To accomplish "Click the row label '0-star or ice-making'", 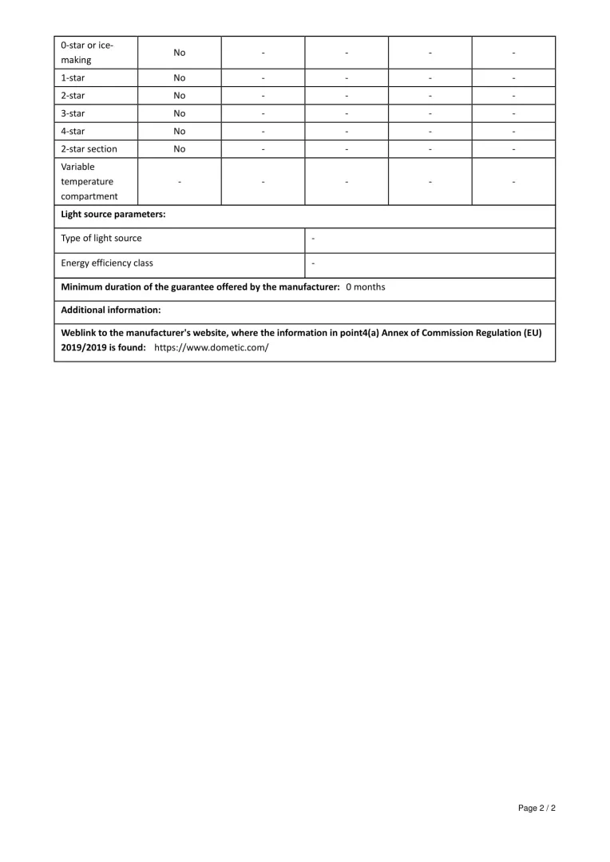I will coord(87,52).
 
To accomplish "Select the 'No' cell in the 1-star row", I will coord(180,78).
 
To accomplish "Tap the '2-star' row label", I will coord(73,96).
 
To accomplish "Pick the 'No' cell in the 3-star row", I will coord(180,113).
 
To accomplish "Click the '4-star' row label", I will coord(73,131).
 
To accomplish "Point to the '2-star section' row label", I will coord(89,148).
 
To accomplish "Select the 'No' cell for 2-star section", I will coord(180,148).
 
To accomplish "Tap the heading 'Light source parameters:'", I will coord(113,214).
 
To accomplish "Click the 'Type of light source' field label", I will coord(101,238).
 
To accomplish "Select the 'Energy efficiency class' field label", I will coord(107,263).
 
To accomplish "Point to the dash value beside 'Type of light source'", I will coord(313,238).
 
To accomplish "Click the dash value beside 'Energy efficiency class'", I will coord(313,263).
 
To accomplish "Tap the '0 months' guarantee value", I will coord(365,287).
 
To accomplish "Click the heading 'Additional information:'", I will coord(111,310).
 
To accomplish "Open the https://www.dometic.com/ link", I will coord(212,347).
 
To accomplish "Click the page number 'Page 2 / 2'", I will coord(537,809).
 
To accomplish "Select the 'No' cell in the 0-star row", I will coord(180,53).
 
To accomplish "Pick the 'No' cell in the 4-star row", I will coord(180,131).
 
